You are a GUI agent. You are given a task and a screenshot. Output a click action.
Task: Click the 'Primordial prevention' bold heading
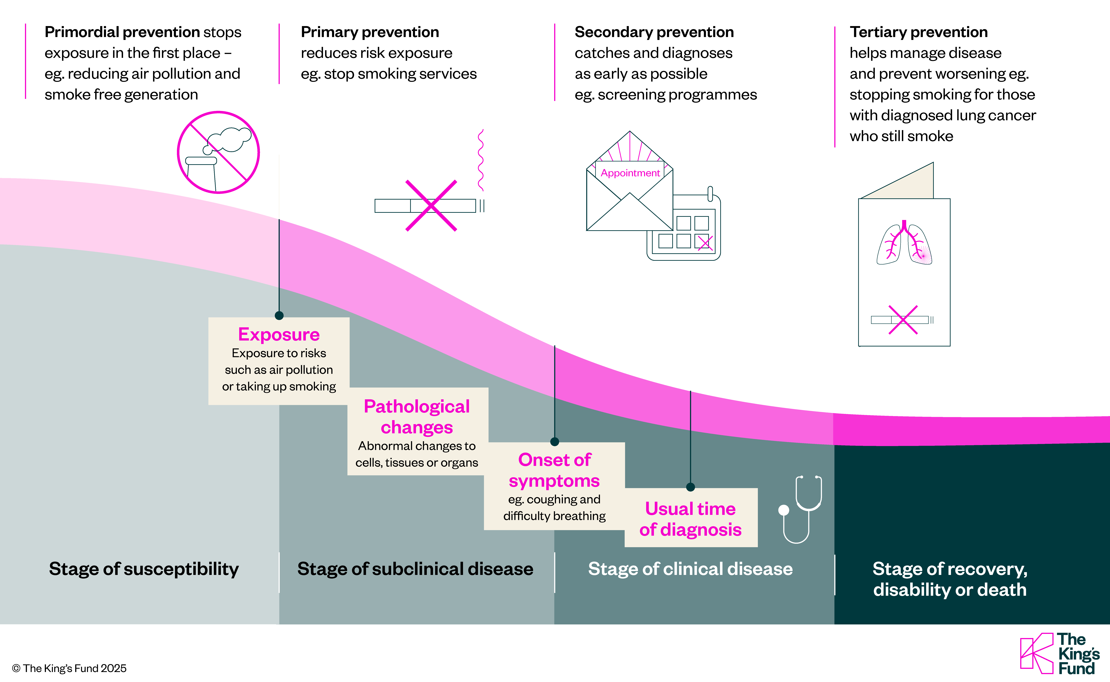pyautogui.click(x=122, y=32)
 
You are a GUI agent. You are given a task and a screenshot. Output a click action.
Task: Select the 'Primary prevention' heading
pyautogui.click(x=369, y=32)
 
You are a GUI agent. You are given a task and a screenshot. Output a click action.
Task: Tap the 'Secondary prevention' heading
pyautogui.click(x=654, y=32)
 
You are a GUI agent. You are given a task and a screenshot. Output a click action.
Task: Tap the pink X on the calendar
pyautogui.click(x=704, y=242)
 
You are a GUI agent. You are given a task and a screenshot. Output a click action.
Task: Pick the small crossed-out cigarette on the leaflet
pyautogui.click(x=902, y=320)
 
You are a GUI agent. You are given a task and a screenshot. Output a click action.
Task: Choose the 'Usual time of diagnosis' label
pyautogui.click(x=690, y=519)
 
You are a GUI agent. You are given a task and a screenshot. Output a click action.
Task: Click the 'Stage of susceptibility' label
pyautogui.click(x=143, y=569)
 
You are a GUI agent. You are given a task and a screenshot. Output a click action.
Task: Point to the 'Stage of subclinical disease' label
pyautogui.click(x=415, y=569)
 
